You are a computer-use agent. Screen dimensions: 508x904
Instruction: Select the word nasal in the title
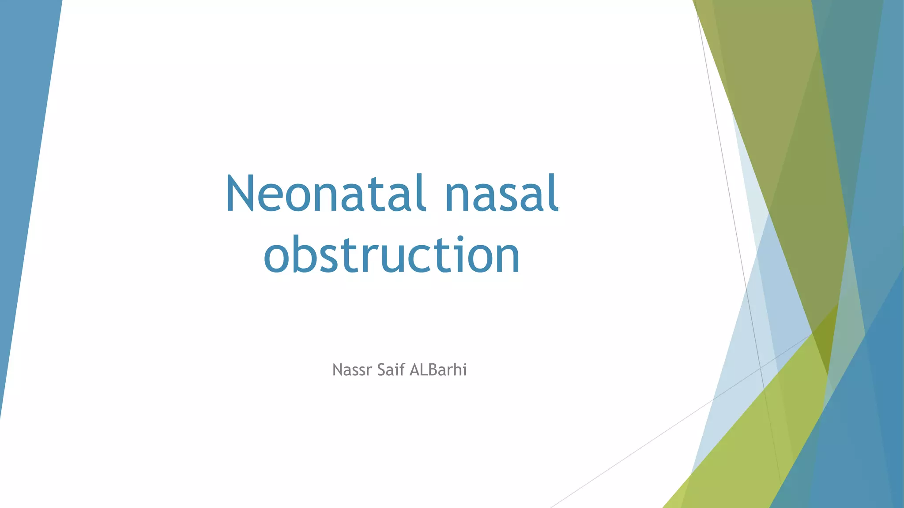tap(502, 194)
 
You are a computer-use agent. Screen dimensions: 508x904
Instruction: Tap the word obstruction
tap(392, 255)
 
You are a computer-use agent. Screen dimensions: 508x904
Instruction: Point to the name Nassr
tap(352, 370)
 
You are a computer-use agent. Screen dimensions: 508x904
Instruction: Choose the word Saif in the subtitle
tap(391, 370)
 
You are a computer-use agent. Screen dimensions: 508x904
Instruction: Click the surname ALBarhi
tap(438, 370)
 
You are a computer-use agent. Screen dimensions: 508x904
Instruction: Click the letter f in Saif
tap(403, 370)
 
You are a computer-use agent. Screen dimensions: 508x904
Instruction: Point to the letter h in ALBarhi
tap(456, 370)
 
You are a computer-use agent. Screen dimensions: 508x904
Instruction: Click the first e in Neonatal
tap(269, 198)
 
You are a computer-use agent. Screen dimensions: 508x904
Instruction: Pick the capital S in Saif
tap(382, 370)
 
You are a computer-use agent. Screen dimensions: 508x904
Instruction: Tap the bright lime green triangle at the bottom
tap(750, 441)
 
